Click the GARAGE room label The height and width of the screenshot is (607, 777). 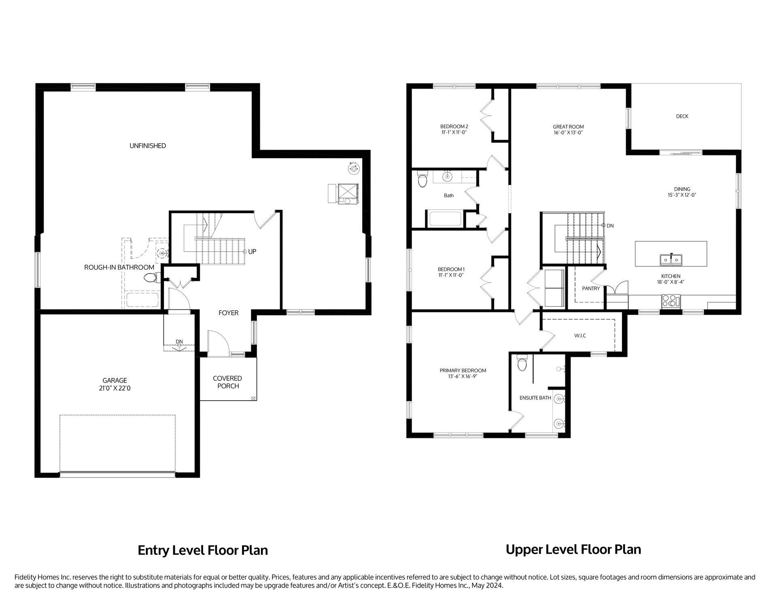click(x=115, y=380)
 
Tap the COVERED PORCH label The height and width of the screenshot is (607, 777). click(x=227, y=382)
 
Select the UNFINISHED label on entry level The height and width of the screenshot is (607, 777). click(x=148, y=146)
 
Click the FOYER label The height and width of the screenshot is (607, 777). click(x=228, y=313)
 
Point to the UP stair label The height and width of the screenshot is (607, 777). click(x=252, y=252)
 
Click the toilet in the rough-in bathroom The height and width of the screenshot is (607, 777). click(x=151, y=278)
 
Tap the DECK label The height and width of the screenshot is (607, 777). click(x=682, y=116)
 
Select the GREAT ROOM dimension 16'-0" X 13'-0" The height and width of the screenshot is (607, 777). click(x=568, y=132)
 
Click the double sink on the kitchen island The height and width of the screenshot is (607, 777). click(x=671, y=259)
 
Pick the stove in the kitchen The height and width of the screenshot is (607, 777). click(x=671, y=301)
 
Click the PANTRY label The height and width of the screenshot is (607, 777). click(x=590, y=289)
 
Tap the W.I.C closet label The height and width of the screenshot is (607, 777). click(x=580, y=335)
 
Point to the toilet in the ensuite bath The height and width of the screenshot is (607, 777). click(x=522, y=364)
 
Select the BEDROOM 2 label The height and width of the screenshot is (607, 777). click(x=454, y=126)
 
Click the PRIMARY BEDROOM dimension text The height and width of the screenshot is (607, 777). click(x=463, y=376)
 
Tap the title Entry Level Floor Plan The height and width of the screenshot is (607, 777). click(x=203, y=550)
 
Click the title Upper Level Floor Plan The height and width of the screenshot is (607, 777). click(x=573, y=550)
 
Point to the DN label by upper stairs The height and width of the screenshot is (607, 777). click(x=610, y=225)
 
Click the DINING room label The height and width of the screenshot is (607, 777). click(x=682, y=189)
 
